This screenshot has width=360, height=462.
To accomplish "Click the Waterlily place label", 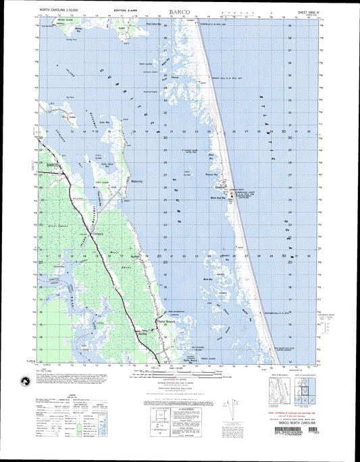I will click(138, 182).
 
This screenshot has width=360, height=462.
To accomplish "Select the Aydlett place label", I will click(134, 257).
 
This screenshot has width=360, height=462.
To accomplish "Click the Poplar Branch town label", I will click(166, 322).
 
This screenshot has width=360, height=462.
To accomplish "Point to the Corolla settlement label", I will click(219, 186).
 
